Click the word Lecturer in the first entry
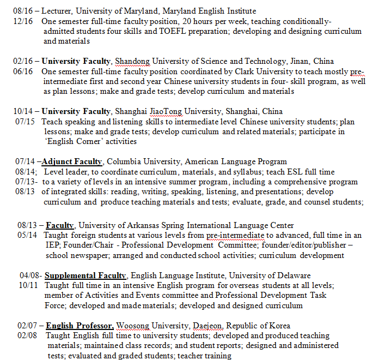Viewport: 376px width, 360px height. coord(59,11)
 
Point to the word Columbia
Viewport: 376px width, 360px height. coord(126,161)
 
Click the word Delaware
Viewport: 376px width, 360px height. coord(292,275)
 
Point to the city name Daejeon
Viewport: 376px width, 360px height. coord(207,326)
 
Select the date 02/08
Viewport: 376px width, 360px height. coord(26,335)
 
